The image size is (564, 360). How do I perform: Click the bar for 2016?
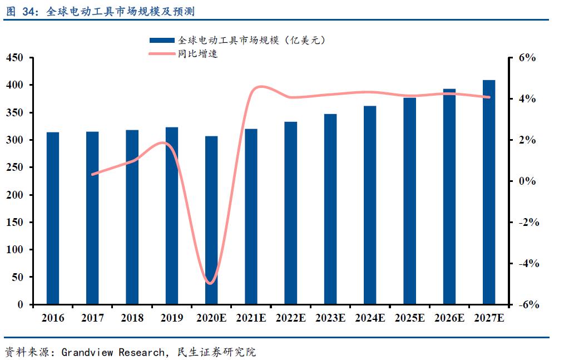pyautogui.click(x=53, y=218)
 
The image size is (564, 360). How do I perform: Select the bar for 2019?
pyautogui.click(x=172, y=216)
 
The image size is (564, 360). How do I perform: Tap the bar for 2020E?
pyautogui.click(x=211, y=220)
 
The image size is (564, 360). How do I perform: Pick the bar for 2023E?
pyautogui.click(x=330, y=209)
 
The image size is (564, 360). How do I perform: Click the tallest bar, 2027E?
pyautogui.click(x=489, y=192)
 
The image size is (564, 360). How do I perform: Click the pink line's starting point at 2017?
pyautogui.click(x=93, y=174)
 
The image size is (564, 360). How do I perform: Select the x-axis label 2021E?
pyautogui.click(x=251, y=318)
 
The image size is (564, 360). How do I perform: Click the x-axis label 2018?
pyautogui.click(x=132, y=318)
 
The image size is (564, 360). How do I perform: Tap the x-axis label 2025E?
pyautogui.click(x=409, y=318)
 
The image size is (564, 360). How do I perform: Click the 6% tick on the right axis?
pyautogui.click(x=526, y=58)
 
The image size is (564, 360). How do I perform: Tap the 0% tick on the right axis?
pyautogui.click(x=526, y=181)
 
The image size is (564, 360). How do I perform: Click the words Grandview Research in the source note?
pyautogui.click(x=113, y=352)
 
